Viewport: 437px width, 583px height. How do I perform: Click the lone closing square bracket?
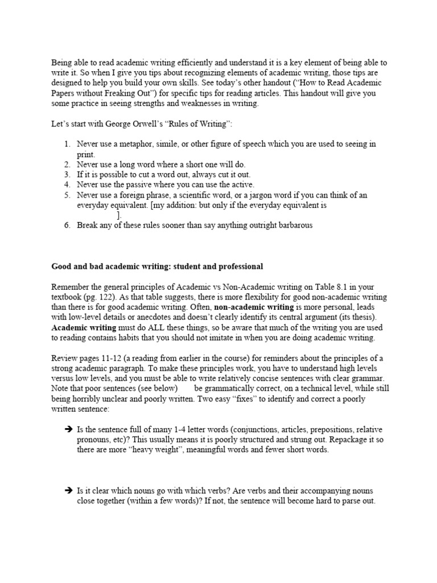(118, 215)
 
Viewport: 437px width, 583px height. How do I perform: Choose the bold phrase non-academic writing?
(254, 307)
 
